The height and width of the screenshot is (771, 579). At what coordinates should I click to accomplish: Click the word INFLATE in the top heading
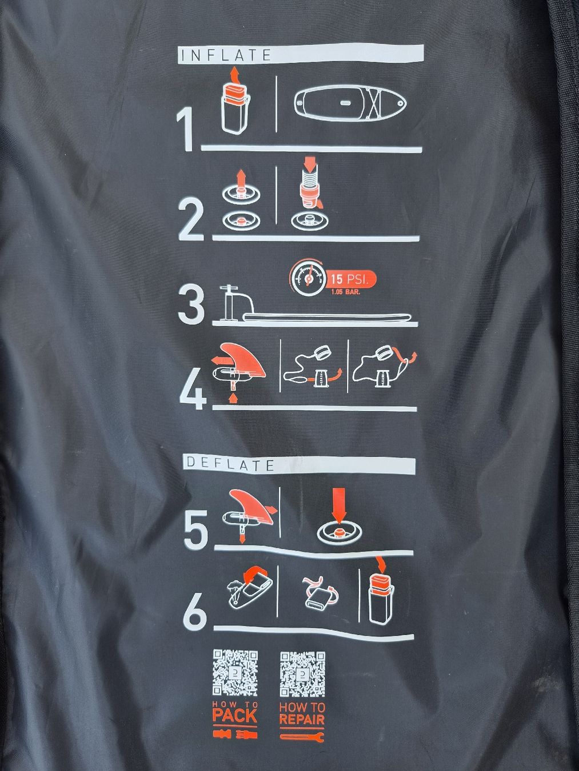pyautogui.click(x=226, y=55)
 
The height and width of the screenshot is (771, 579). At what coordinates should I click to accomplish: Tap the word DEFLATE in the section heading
pyautogui.click(x=230, y=465)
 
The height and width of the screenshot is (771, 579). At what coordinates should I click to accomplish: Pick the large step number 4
pyautogui.click(x=192, y=388)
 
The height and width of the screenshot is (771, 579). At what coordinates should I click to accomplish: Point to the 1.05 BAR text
pyautogui.click(x=345, y=291)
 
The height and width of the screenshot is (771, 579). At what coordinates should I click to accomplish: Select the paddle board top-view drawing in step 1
pyautogui.click(x=350, y=103)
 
